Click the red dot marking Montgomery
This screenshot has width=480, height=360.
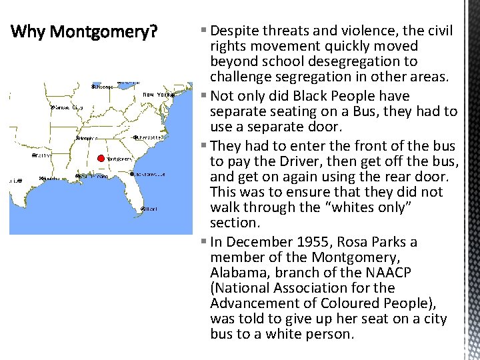pyautogui.click(x=101, y=159)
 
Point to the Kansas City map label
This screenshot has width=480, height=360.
pyautogui.click(x=68, y=107)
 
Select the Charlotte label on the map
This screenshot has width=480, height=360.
pyautogui.click(x=150, y=137)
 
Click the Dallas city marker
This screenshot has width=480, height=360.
pyautogui.click(x=35, y=155)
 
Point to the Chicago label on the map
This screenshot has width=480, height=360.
pyautogui.click(x=104, y=87)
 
